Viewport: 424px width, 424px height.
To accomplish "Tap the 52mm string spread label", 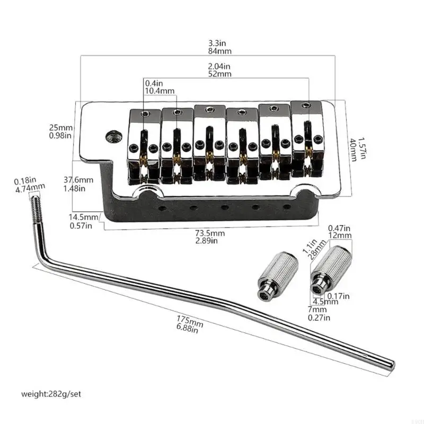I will [x=220, y=75].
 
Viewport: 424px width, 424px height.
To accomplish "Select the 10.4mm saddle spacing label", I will [x=160, y=91].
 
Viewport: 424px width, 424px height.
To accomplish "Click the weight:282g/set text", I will [x=52, y=394].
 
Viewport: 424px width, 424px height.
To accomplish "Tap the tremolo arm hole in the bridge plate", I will [x=113, y=137].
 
